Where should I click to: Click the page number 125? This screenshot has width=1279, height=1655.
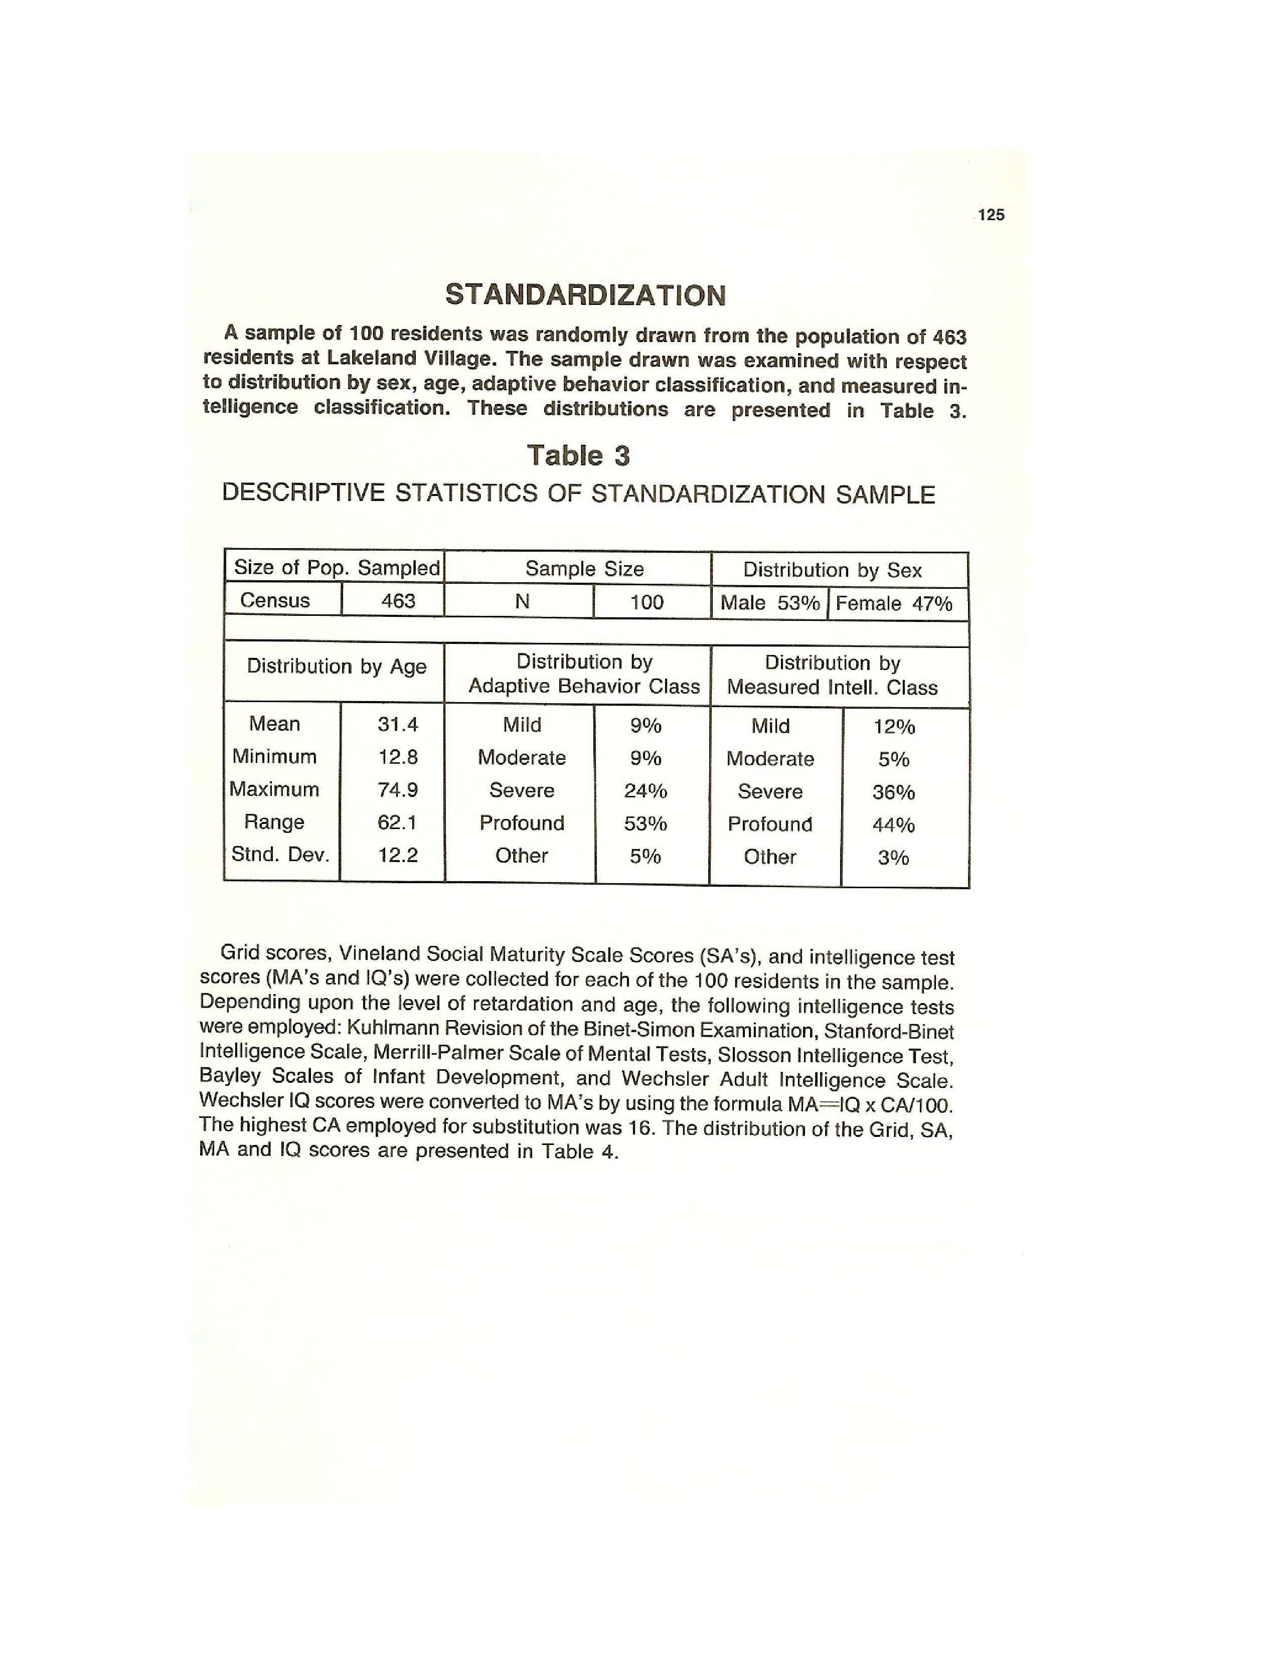click(x=991, y=215)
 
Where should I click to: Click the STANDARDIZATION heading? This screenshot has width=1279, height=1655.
click(x=585, y=295)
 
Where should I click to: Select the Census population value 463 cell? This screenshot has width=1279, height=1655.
click(x=398, y=601)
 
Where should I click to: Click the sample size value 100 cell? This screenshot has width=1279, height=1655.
click(x=647, y=602)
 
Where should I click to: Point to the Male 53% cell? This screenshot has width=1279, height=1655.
click(x=769, y=603)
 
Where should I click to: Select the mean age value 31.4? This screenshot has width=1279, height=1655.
click(x=398, y=725)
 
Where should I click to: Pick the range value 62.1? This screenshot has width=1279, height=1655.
click(x=398, y=822)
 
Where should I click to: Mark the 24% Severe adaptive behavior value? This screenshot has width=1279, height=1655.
click(x=646, y=791)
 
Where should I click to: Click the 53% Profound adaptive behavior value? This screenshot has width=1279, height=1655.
click(x=646, y=823)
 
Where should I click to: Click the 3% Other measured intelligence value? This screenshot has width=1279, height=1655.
click(x=893, y=858)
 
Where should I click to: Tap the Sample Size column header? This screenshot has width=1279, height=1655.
click(x=584, y=569)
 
